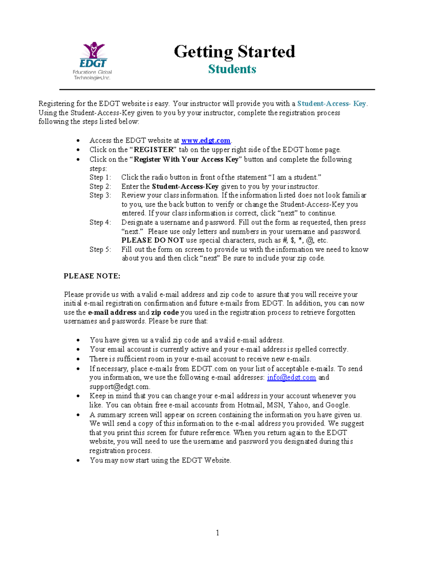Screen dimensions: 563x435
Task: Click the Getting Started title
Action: click(x=235, y=51)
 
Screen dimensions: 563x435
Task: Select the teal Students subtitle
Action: click(x=232, y=69)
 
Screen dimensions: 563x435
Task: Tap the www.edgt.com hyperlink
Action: click(x=206, y=140)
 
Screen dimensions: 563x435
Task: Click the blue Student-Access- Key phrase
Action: click(x=331, y=103)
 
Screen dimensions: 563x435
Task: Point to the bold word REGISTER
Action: click(x=154, y=150)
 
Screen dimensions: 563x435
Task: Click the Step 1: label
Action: click(x=100, y=177)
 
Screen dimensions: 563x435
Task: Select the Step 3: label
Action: click(x=100, y=195)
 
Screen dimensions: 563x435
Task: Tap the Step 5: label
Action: click(x=100, y=249)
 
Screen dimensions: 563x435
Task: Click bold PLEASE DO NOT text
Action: click(x=153, y=240)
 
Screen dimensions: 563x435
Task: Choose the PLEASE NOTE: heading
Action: click(x=92, y=276)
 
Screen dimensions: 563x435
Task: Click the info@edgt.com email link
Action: click(x=291, y=378)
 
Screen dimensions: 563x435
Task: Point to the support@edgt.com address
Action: click(x=119, y=387)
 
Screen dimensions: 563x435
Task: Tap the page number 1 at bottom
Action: click(x=217, y=533)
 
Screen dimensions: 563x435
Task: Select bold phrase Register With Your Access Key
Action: click(x=186, y=160)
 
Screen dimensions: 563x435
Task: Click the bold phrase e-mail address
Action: click(x=112, y=312)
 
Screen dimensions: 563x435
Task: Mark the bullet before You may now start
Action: click(x=78, y=460)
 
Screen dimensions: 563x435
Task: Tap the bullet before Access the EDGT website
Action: click(x=78, y=141)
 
